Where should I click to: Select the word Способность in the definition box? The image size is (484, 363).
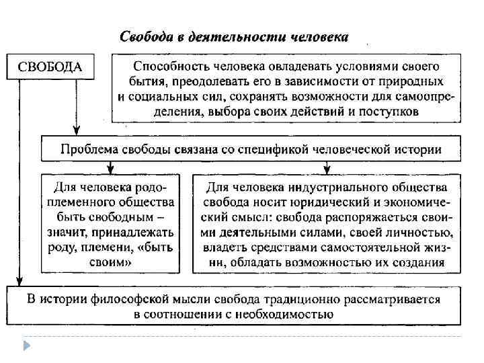tap(168, 67)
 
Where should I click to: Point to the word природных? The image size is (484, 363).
tap(411, 81)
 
